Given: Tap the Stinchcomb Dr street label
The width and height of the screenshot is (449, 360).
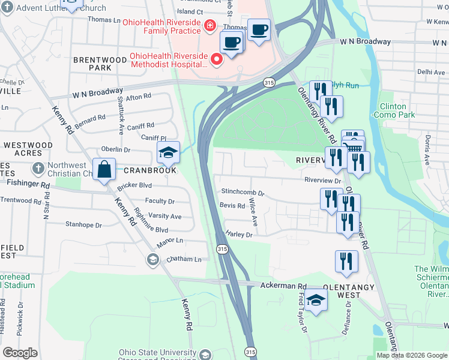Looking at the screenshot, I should (243, 193).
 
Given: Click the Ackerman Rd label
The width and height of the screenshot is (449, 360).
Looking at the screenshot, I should (283, 287).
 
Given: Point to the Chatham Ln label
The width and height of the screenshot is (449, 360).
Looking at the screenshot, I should (184, 259).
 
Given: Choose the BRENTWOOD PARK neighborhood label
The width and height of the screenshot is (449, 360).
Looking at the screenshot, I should (92, 64).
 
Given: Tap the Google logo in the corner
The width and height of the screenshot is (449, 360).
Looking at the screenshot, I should (20, 353).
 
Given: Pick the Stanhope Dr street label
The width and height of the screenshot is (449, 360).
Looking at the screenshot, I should (83, 226).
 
